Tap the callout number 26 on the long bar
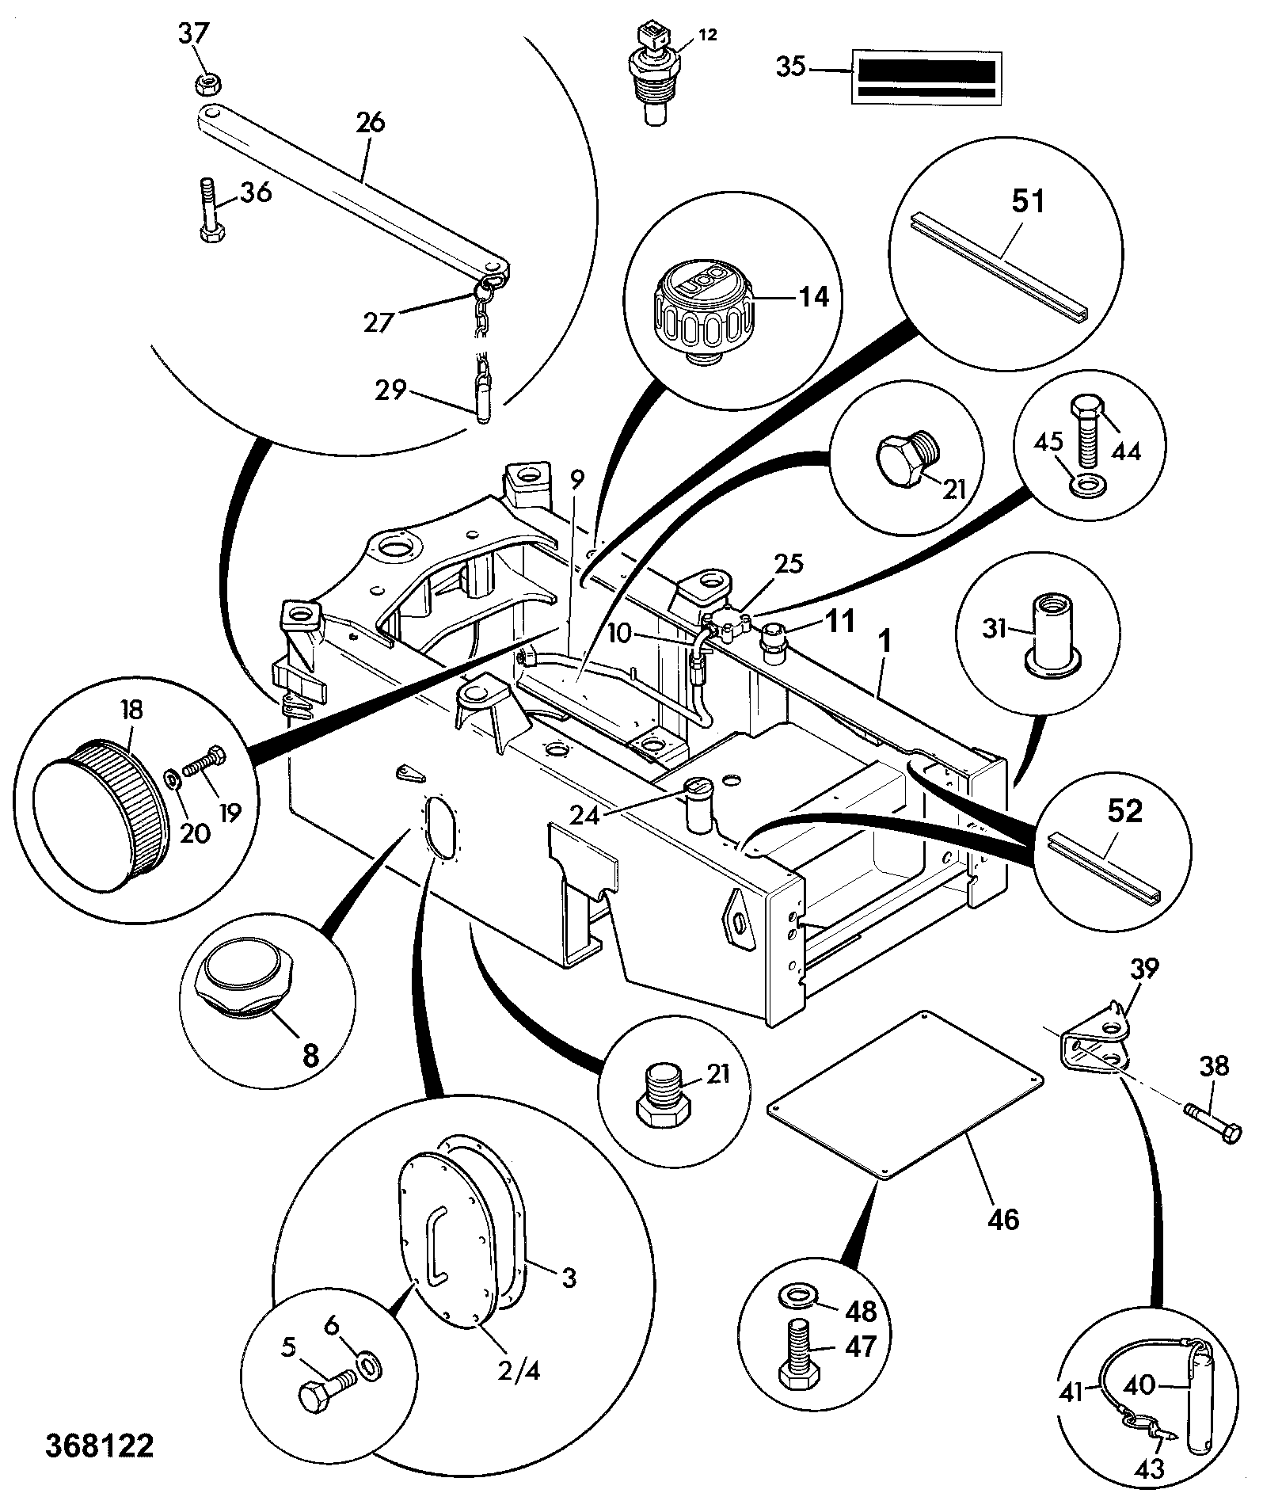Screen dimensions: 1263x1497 pos(371,124)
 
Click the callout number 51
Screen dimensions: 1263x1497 pos(1028,202)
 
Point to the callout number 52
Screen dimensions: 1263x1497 pos(1124,811)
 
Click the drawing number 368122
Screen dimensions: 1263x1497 pos(99,1446)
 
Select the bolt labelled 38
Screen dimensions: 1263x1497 pos(1212,1121)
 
